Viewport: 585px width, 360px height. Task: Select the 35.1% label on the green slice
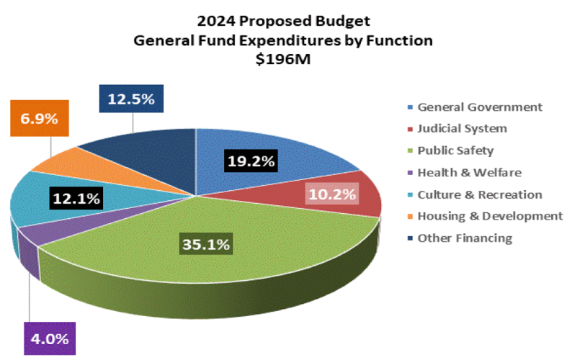pos(205,244)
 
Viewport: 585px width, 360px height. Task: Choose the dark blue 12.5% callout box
pos(131,99)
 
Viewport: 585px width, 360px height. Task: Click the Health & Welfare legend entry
pos(469,172)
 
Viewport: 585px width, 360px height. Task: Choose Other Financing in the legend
pos(465,238)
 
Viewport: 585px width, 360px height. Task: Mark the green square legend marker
pos(411,151)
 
